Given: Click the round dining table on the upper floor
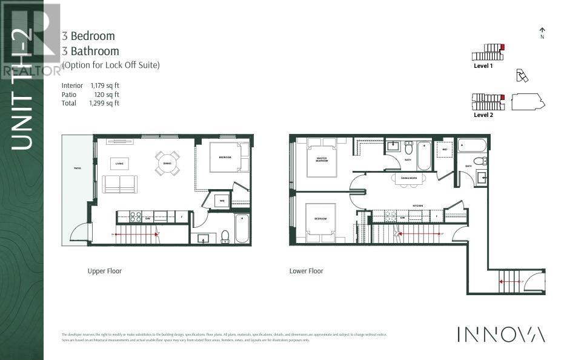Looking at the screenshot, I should tap(167, 162).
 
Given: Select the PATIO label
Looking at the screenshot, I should tap(78, 168).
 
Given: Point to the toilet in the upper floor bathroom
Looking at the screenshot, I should tap(225, 236).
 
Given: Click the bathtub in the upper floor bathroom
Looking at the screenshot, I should tap(242, 228).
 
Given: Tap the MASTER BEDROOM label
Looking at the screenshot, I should tap(321, 160).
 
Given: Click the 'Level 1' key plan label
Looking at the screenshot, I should tap(483, 65).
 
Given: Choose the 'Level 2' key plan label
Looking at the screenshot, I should tap(483, 115).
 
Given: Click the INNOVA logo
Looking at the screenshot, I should tap(500, 334).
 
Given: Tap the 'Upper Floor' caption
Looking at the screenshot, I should tap(105, 271).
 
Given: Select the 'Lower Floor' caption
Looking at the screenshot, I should tap(306, 271).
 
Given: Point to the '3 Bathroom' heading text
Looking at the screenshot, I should tap(90, 52).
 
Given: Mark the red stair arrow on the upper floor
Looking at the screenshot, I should tap(136, 233).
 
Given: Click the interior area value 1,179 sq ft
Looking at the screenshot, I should tap(105, 86).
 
